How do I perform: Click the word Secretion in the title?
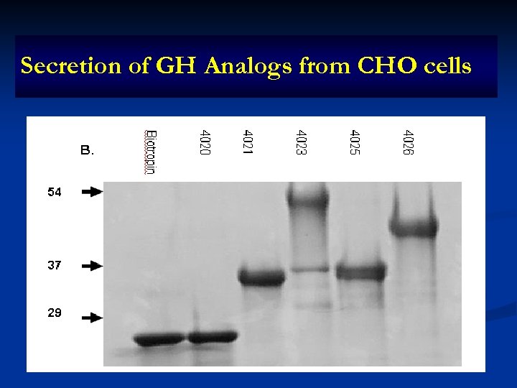(x=60, y=66)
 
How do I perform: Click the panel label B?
(x=87, y=151)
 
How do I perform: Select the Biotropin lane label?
(x=151, y=152)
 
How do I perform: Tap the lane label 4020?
(x=205, y=144)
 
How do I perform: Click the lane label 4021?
(x=248, y=144)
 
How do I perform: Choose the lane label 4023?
(x=302, y=144)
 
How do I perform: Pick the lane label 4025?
(x=355, y=144)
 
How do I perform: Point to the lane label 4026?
(x=408, y=144)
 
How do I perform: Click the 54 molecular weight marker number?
(x=55, y=193)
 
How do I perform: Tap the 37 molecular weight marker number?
(x=55, y=265)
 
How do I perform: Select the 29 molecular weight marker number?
(x=55, y=313)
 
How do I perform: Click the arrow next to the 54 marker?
(x=92, y=193)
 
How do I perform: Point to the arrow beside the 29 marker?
(x=92, y=317)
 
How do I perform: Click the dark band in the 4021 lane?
(x=261, y=277)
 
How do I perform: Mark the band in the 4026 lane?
(x=413, y=229)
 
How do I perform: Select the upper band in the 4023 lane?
(x=307, y=195)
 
